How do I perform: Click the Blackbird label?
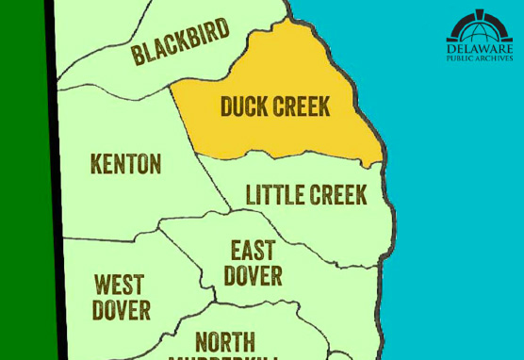(x=180, y=42)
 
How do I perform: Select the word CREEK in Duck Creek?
(x=301, y=106)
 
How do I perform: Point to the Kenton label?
(x=125, y=164)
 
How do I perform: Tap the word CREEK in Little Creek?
(x=337, y=195)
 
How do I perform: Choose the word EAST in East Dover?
(x=253, y=251)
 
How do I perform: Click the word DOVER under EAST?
(x=253, y=275)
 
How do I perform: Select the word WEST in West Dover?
(x=120, y=285)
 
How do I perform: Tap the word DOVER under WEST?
(x=122, y=309)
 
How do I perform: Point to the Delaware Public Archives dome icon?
(x=480, y=25)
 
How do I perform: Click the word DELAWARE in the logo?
(x=480, y=47)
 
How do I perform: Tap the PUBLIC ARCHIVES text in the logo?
(x=480, y=58)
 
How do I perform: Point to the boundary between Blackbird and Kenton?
(x=113, y=87)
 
